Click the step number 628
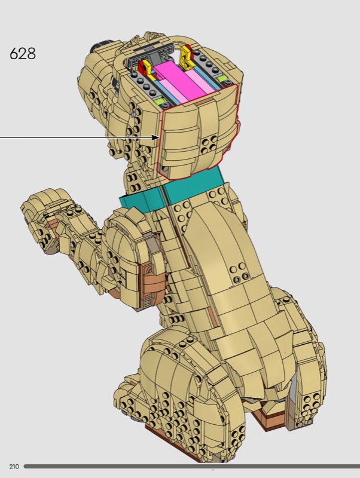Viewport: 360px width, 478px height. click(23, 54)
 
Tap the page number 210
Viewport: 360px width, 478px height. click(14, 467)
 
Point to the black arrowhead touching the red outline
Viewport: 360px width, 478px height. click(155, 137)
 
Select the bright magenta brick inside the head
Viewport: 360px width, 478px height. click(180, 81)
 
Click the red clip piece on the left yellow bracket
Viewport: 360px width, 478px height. click(142, 68)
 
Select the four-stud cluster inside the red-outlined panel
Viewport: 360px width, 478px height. click(210, 143)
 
